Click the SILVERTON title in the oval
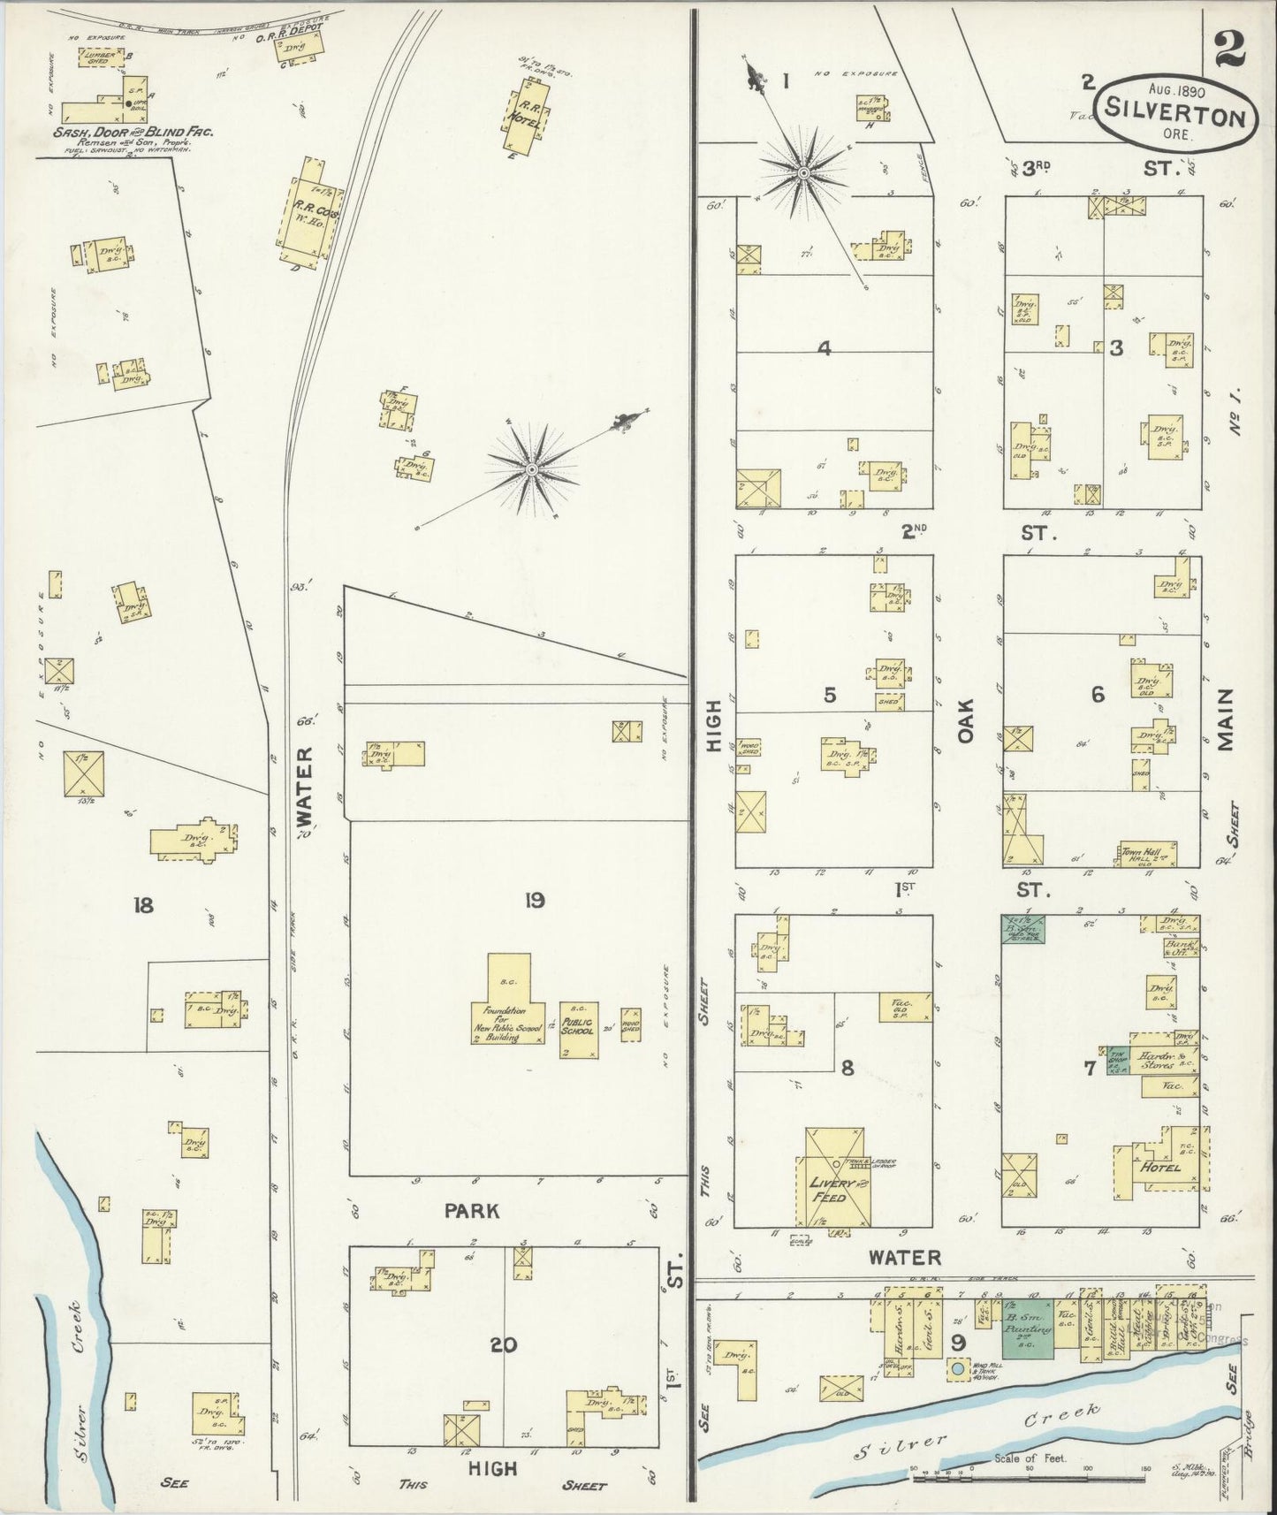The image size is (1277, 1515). pos(1175,116)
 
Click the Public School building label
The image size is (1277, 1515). pos(579,1028)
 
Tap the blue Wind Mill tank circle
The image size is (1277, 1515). pos(956,1370)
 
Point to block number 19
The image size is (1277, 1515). pos(534,901)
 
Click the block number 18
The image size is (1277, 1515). pos(143,905)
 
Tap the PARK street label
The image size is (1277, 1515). pos(472,1210)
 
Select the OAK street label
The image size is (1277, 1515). pos(964,720)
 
